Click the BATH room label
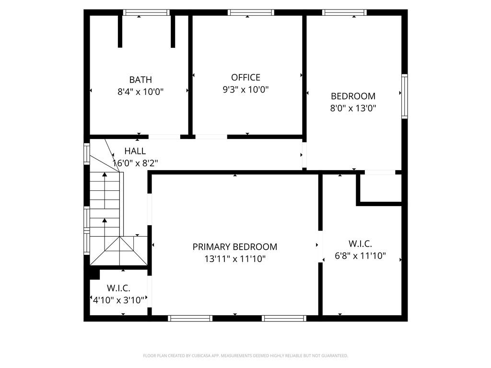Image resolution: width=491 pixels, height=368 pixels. point(140,80)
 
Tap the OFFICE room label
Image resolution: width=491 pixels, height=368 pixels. point(246,77)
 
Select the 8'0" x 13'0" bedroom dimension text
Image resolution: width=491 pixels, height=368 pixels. point(353,108)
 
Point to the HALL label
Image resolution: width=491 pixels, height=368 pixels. point(135,151)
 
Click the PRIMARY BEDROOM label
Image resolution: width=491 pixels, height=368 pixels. point(235,247)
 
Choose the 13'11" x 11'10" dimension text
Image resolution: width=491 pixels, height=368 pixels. point(235,259)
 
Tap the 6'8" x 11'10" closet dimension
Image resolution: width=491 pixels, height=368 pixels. point(360,256)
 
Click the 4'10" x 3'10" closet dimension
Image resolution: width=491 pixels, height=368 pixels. point(119,300)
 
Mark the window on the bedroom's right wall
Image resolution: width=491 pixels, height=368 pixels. point(405,96)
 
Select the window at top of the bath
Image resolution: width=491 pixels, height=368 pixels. point(146,12)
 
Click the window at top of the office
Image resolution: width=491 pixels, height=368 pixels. point(251,12)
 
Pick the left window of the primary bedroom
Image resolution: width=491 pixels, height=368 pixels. point(190,319)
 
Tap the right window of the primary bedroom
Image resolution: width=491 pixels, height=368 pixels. point(284,319)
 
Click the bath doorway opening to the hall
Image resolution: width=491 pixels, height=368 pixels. point(164,137)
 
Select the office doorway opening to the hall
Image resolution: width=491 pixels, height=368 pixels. point(211,137)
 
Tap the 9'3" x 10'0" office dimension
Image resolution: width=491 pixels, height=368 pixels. point(246,90)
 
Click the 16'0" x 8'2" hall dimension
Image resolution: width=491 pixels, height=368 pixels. point(135,163)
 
